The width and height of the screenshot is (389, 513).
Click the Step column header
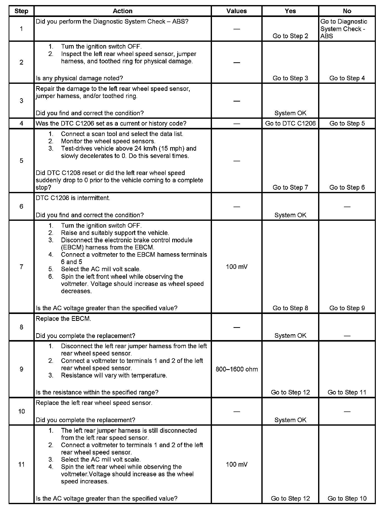pos(21,11)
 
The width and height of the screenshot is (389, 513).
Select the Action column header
pos(123,11)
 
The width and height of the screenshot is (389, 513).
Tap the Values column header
pos(237,11)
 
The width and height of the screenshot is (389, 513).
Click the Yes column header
pos(290,11)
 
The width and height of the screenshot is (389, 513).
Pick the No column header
pos(347,11)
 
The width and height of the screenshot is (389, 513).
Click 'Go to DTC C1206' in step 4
pos(290,124)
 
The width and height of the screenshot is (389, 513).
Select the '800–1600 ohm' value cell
pos(237,369)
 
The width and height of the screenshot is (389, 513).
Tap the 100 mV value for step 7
pos(237,267)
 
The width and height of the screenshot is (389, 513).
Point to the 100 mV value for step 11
pos(237,464)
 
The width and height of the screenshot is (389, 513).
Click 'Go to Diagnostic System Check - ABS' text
pos(343,29)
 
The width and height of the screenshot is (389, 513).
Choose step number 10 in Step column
pos(21,411)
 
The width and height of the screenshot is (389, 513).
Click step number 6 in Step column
pos(21,207)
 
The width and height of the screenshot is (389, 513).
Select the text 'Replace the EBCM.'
pos(63,319)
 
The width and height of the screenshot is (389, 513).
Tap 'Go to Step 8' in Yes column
pos(290,308)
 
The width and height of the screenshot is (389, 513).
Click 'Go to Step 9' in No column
pos(347,308)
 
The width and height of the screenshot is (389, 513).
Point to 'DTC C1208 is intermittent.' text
pos(73,198)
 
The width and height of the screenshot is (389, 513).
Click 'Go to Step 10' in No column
pos(347,499)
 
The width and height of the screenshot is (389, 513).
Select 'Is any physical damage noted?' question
pos(79,78)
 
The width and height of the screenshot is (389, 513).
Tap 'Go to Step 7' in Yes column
pos(290,187)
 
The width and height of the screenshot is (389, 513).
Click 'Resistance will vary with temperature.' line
pos(114,376)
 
